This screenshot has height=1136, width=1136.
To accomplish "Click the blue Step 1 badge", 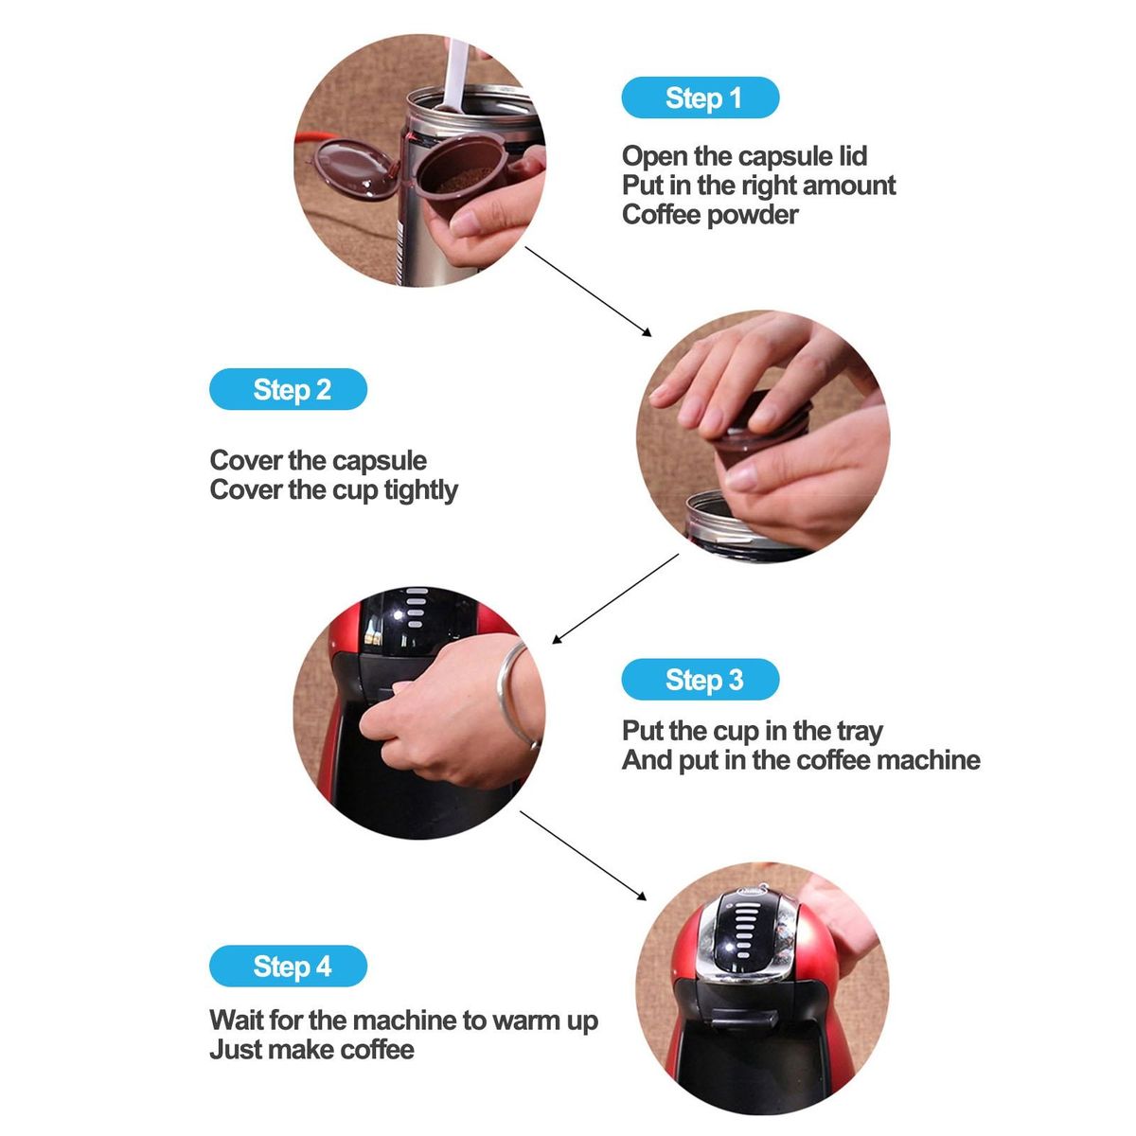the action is (x=701, y=98).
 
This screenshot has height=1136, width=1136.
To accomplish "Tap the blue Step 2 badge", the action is (x=289, y=389).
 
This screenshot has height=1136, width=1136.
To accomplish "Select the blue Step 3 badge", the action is (x=701, y=679).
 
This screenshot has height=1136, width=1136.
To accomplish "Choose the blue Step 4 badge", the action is (x=289, y=966).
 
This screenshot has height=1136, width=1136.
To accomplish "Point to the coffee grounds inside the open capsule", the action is (x=461, y=184).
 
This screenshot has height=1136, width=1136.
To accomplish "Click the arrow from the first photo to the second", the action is (x=588, y=292).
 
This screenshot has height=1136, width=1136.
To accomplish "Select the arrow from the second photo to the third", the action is (x=615, y=597).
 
